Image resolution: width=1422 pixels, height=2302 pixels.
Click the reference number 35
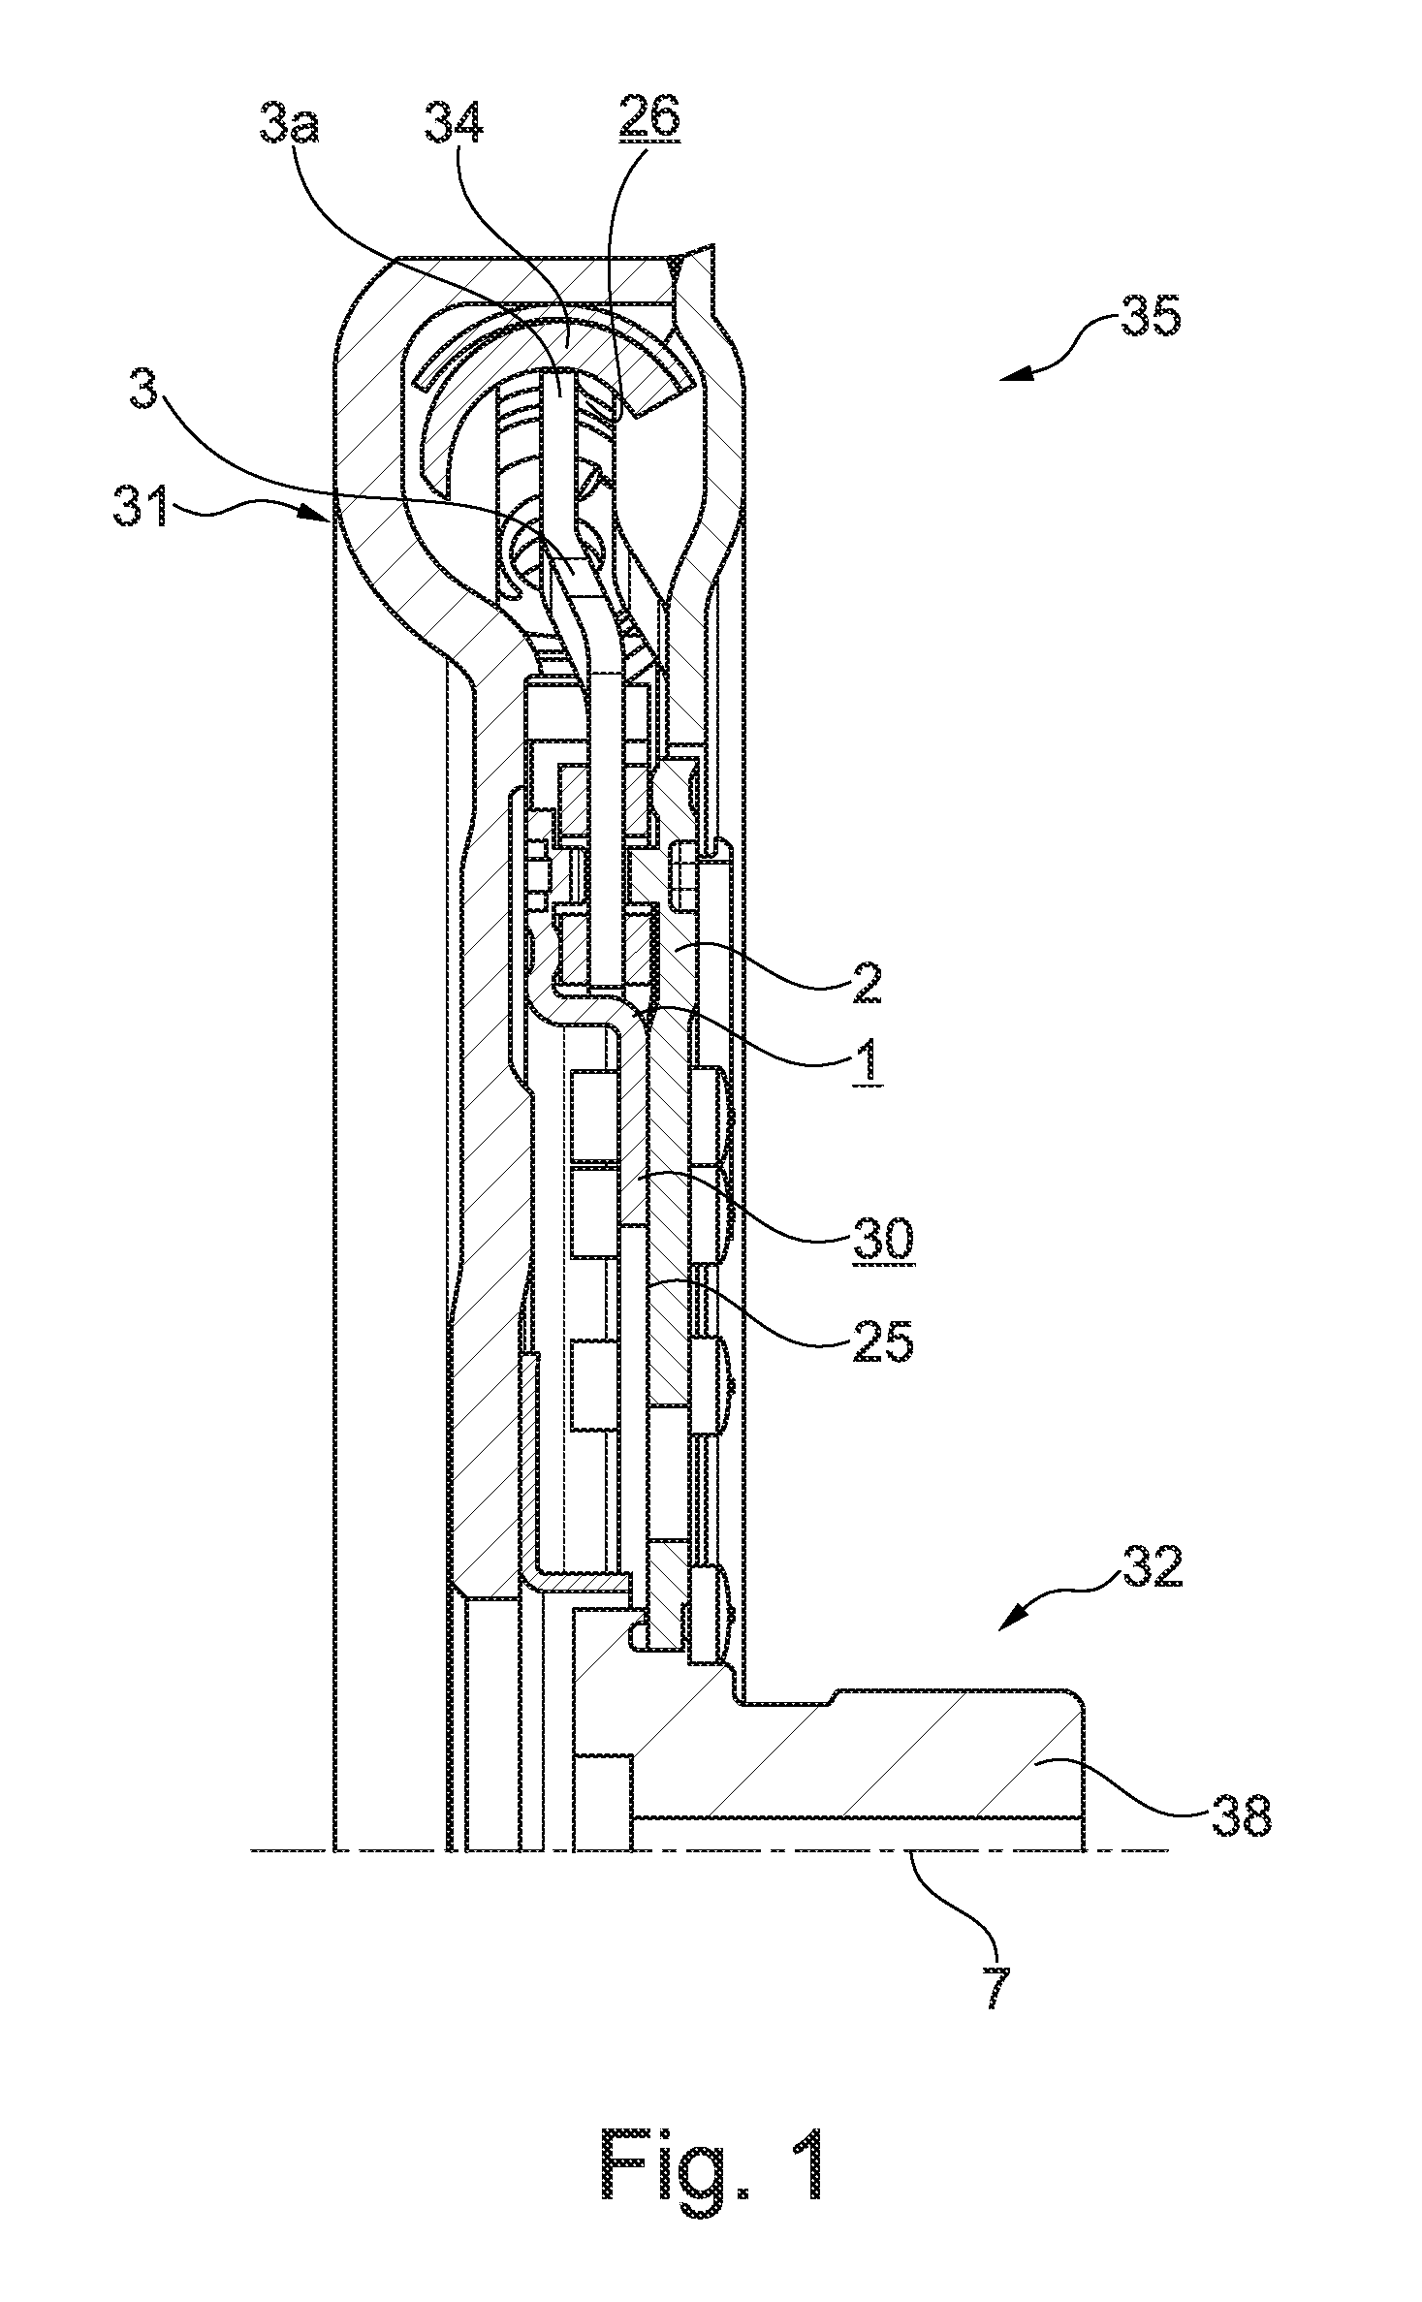pyautogui.click(x=1152, y=317)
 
